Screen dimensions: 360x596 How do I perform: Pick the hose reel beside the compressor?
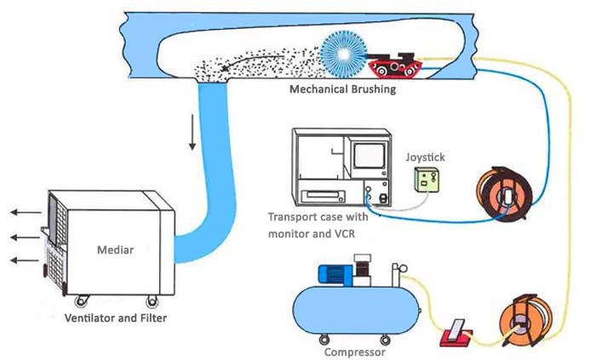[x=520, y=323]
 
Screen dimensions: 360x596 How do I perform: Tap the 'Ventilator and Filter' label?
[x=116, y=318]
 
